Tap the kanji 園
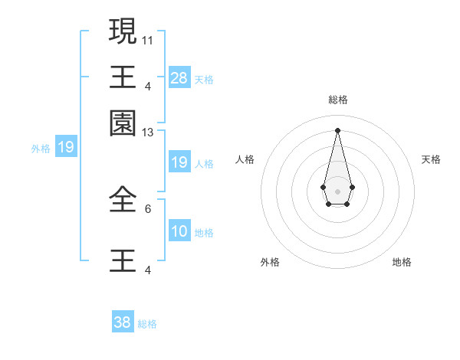pyautogui.click(x=123, y=123)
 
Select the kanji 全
pyautogui.click(x=123, y=198)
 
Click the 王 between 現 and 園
pyautogui.click(x=123, y=77)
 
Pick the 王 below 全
pyautogui.click(x=123, y=260)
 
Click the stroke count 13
pyautogui.click(x=148, y=132)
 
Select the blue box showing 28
pyautogui.click(x=179, y=77)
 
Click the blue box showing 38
pyautogui.click(x=123, y=322)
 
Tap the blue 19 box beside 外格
pyautogui.click(x=66, y=146)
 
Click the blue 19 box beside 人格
pyautogui.click(x=179, y=162)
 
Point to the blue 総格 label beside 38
pyautogui.click(x=147, y=324)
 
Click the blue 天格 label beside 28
pyautogui.click(x=204, y=79)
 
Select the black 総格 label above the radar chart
pyautogui.click(x=337, y=100)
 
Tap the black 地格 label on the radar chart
pyautogui.click(x=402, y=262)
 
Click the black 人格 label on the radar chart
pyautogui.click(x=245, y=159)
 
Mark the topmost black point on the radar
pyautogui.click(x=337, y=129)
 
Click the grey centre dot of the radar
pyautogui.click(x=337, y=191)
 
